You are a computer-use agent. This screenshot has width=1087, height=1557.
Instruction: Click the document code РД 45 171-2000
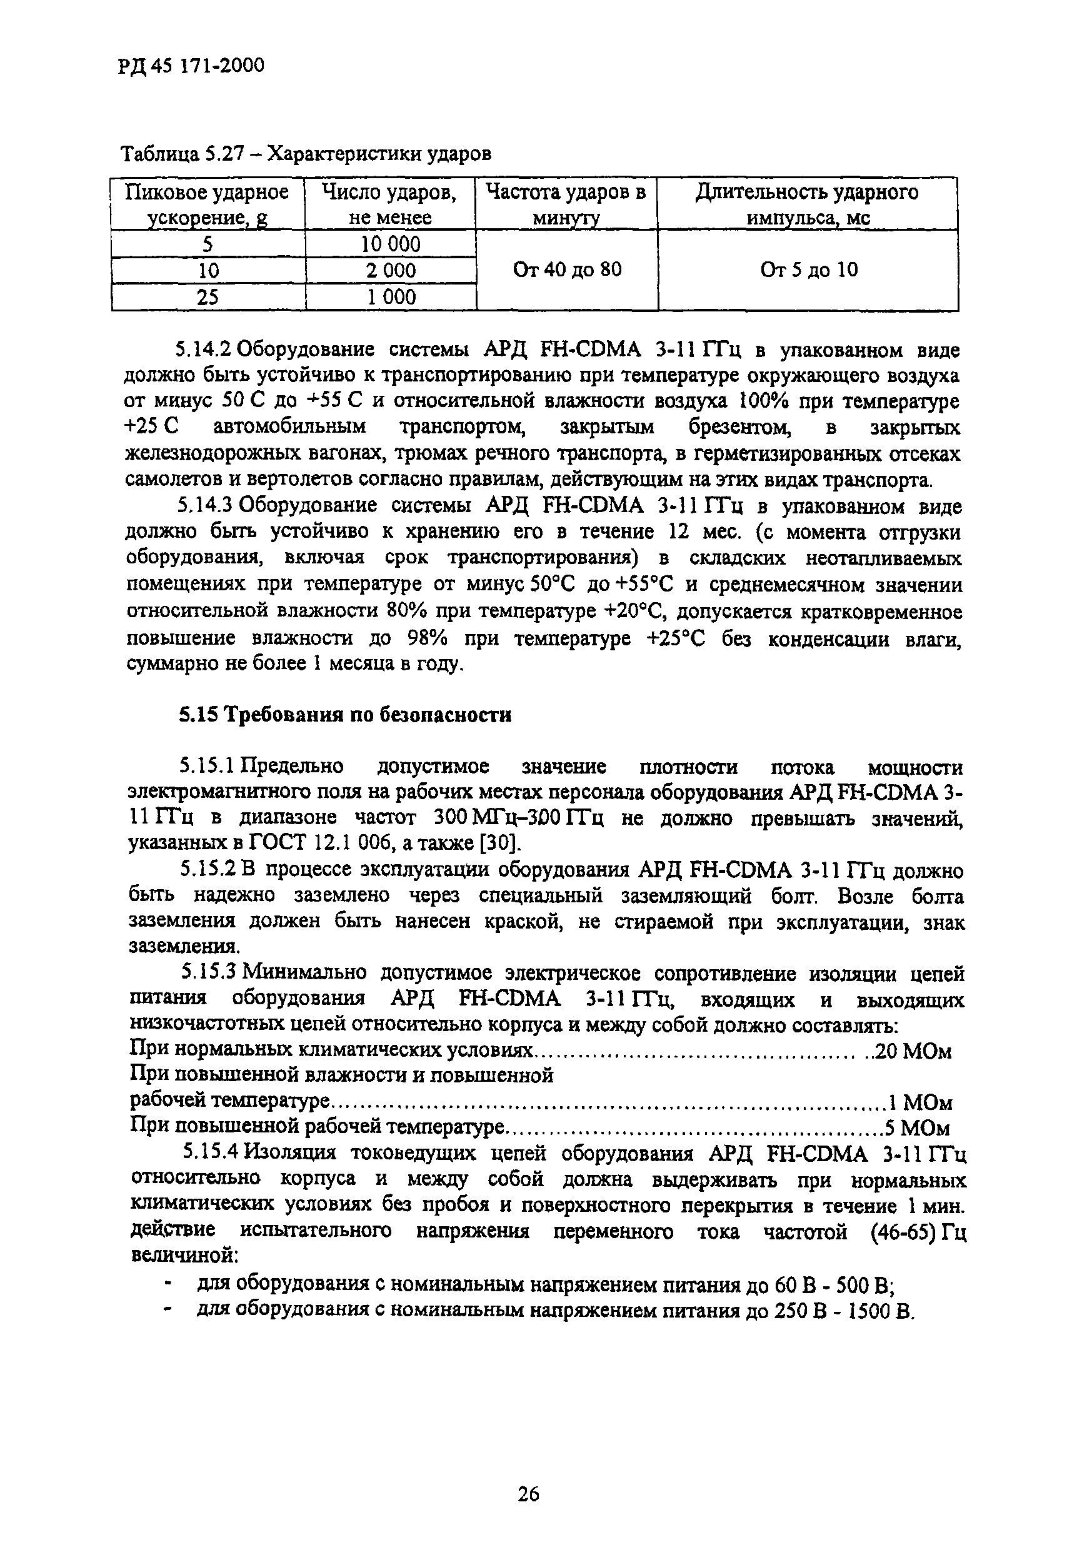pos(191,65)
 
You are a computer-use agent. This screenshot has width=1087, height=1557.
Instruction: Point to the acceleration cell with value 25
pos(208,297)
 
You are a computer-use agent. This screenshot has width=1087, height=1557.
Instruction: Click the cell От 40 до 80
pos(566,270)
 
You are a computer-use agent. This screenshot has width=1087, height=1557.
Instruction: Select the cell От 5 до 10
pos(808,270)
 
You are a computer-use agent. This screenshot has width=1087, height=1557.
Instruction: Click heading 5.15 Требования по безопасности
pos(345,715)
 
